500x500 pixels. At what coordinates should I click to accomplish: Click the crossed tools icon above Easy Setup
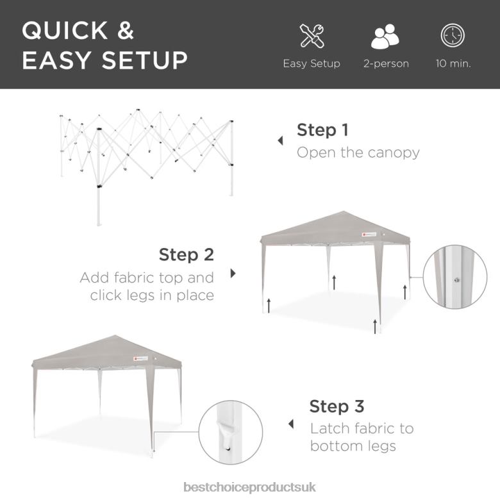312,36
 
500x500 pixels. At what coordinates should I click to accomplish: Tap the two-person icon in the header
385,36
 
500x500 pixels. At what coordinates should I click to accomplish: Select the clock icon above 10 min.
453,36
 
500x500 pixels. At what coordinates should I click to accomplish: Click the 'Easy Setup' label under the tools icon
312,63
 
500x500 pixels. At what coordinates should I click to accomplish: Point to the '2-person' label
386,63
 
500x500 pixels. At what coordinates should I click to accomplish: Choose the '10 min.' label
453,63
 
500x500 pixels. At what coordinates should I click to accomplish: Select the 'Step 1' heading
322,130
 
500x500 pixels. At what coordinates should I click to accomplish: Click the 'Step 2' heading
187,254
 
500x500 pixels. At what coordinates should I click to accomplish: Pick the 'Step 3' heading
337,406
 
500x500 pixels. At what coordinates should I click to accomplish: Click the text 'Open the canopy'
358,153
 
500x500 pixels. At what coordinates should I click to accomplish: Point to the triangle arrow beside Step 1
280,141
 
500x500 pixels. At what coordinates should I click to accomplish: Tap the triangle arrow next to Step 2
233,273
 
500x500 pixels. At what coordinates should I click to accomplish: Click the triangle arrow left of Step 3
291,424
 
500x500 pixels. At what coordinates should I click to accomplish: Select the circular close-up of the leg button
454,277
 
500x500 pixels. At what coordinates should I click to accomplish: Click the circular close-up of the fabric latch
231,433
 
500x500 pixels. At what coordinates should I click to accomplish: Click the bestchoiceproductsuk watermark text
250,488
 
